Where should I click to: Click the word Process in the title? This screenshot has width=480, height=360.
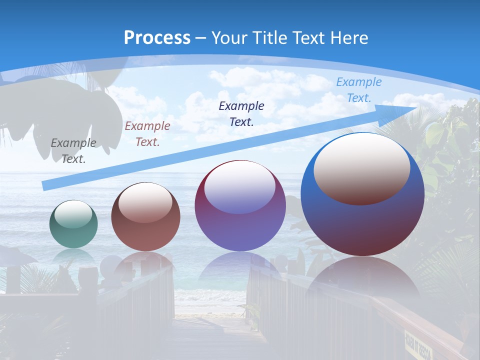pos(157,37)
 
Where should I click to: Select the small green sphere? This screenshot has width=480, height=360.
pos(73,224)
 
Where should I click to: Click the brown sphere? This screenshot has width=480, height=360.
pos(145,217)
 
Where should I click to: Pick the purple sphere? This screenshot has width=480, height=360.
pos(240,205)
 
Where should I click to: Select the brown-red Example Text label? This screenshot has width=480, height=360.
pos(147,134)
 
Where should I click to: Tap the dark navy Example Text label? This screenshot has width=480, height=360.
pos(241,113)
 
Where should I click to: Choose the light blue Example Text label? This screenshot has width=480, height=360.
pos(358,90)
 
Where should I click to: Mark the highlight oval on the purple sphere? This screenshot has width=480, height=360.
pos(239,187)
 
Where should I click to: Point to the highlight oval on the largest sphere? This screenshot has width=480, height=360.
pos(362,169)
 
